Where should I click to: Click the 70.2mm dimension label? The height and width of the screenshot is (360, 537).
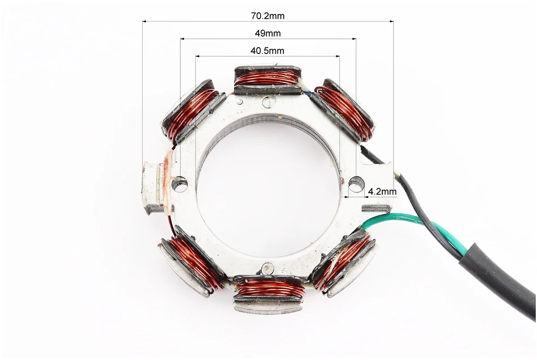[x=268, y=16]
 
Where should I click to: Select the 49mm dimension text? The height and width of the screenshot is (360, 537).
[x=268, y=33]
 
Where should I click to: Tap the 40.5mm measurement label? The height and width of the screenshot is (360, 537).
[x=268, y=51]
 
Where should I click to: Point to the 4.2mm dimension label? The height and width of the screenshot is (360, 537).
[x=382, y=191]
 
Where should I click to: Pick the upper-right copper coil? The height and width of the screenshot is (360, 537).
[x=345, y=110]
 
